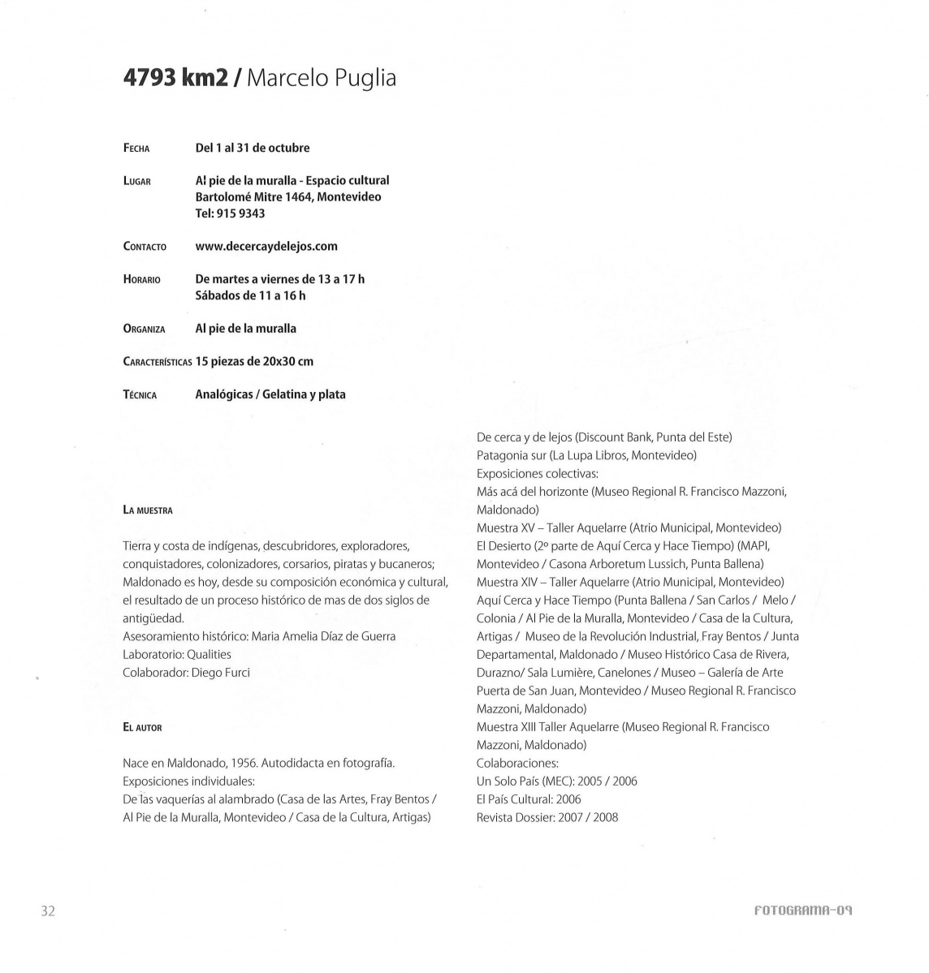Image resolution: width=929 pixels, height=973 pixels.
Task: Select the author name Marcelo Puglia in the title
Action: click(x=321, y=79)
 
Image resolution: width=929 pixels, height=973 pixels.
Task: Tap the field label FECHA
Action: click(x=136, y=149)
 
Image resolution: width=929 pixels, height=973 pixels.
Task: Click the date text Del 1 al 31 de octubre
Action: click(x=253, y=148)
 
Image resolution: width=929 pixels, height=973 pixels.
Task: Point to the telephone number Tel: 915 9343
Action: click(x=230, y=213)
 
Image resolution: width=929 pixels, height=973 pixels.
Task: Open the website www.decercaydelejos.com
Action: click(x=266, y=246)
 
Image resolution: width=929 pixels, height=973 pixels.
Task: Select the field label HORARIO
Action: click(x=142, y=280)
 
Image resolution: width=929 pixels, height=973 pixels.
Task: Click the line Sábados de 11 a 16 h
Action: click(x=250, y=295)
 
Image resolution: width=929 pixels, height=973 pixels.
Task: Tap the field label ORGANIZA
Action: click(x=144, y=329)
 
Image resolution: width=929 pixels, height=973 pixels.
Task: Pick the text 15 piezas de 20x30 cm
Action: click(x=254, y=361)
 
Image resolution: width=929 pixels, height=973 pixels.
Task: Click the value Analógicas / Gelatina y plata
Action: click(x=270, y=394)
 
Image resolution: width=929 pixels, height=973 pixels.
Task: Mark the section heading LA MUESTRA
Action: click(x=148, y=510)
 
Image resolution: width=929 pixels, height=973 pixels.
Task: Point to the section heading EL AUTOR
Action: click(x=142, y=728)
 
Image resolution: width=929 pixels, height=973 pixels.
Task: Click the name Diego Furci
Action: click(x=221, y=672)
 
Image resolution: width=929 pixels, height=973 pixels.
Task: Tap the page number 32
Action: click(x=48, y=911)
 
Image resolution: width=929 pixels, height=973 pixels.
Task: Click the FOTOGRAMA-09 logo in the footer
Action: click(x=802, y=911)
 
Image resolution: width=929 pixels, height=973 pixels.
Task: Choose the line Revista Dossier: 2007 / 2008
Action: click(x=547, y=817)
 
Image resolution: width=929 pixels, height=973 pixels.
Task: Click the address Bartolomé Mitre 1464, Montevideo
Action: click(x=288, y=196)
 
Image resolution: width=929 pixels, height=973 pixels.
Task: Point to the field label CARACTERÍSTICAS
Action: click(x=158, y=362)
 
